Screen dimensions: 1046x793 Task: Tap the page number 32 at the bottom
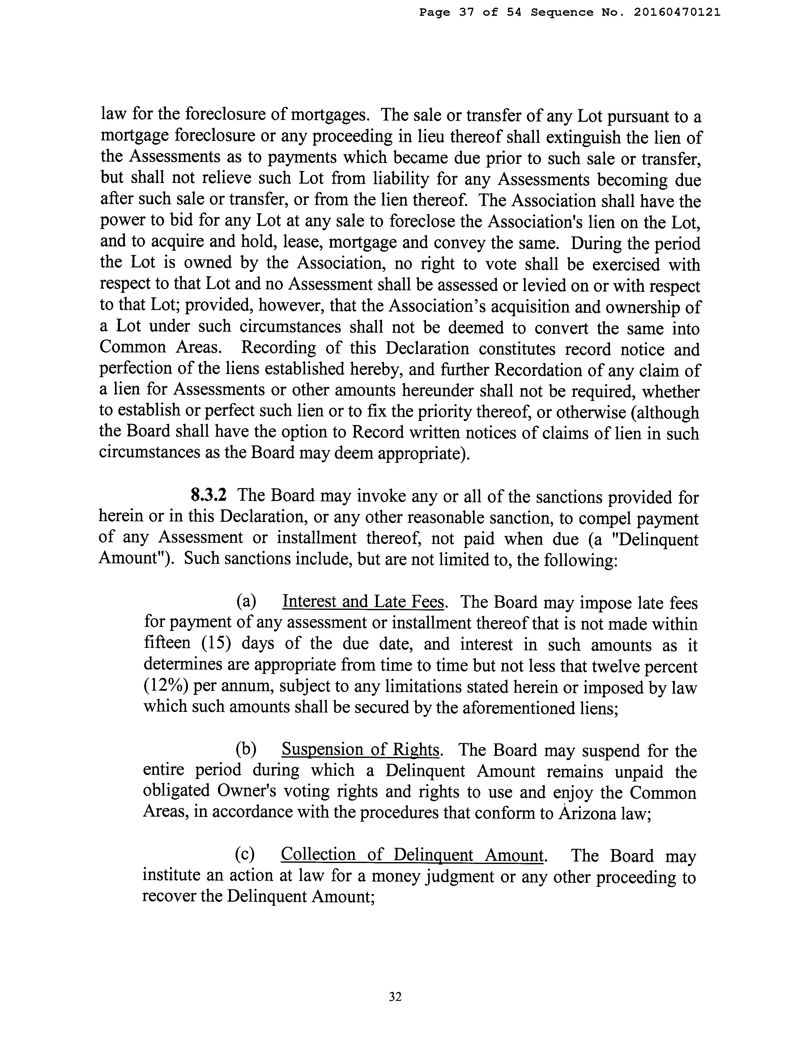395,996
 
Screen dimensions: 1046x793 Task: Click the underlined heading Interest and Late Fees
363,602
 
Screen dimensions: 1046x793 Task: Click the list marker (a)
246,602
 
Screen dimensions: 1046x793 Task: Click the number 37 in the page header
466,13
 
